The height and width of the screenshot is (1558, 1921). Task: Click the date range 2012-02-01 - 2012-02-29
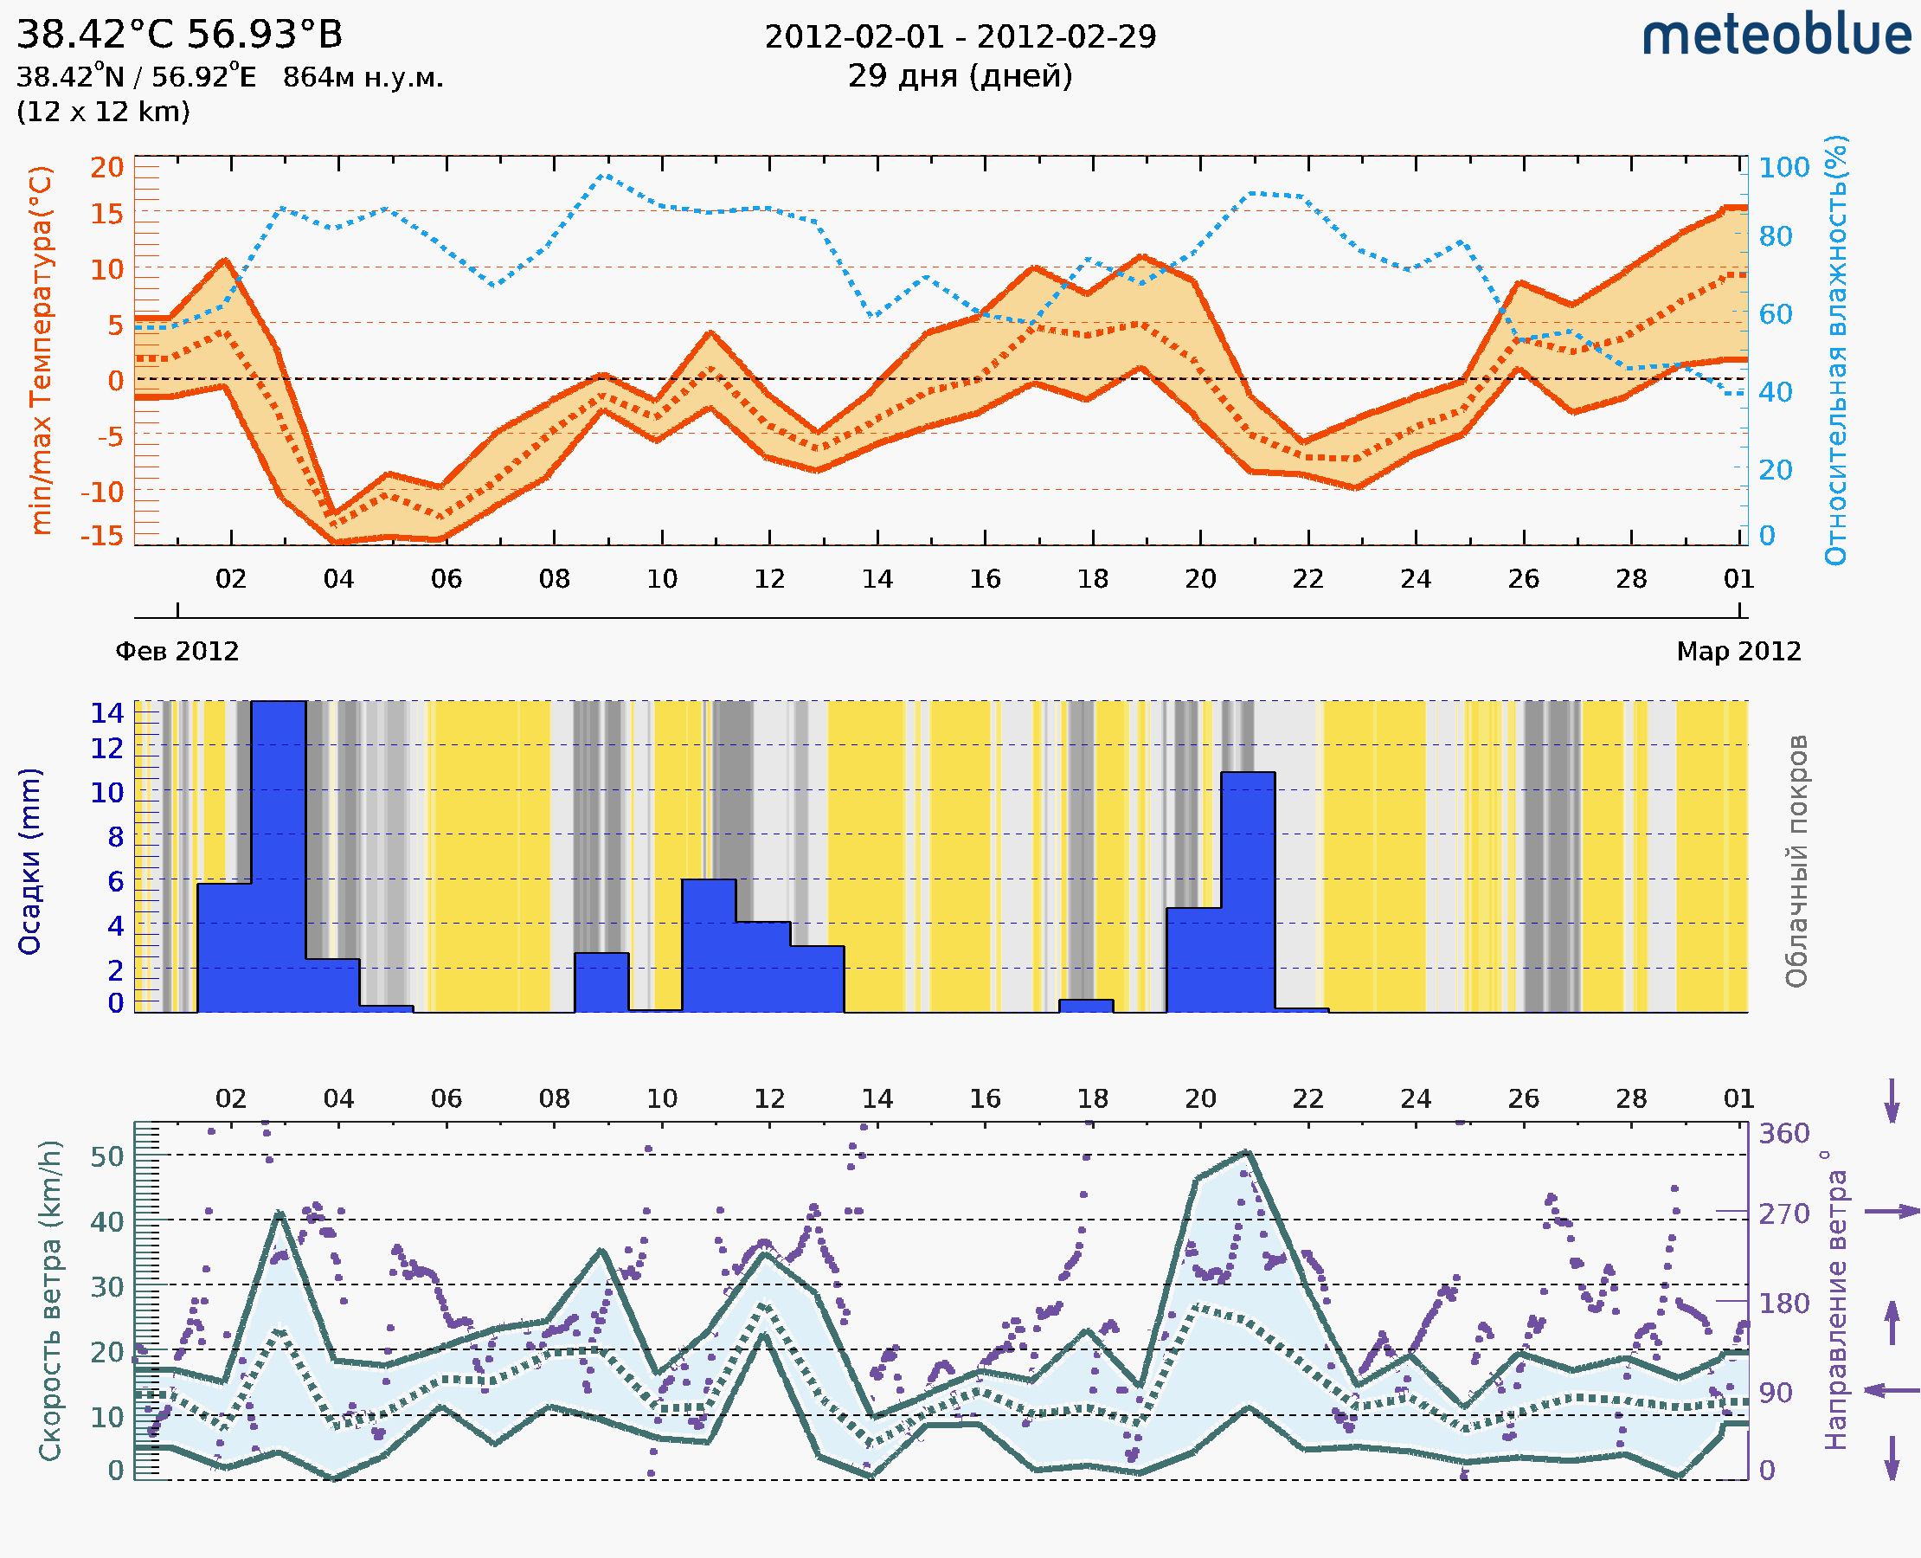click(x=960, y=37)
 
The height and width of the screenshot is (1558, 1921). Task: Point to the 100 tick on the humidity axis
click(x=1783, y=168)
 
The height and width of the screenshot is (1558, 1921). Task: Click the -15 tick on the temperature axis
click(x=101, y=536)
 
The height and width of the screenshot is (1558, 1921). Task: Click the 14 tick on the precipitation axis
click(x=106, y=713)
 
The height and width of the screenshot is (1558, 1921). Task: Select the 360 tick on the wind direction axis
click(x=1783, y=1134)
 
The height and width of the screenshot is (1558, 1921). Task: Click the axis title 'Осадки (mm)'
click(x=29, y=861)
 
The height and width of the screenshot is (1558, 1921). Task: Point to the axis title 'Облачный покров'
click(x=1796, y=861)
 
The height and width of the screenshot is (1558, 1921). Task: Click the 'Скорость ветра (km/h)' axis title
click(x=50, y=1300)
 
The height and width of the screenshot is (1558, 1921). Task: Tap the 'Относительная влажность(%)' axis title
click(x=1835, y=350)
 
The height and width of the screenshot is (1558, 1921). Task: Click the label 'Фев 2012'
click(x=177, y=652)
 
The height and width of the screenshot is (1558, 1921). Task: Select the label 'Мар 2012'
click(x=1738, y=652)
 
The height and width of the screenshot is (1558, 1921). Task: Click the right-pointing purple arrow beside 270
click(x=1892, y=1212)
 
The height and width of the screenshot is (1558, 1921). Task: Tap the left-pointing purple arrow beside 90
click(x=1892, y=1390)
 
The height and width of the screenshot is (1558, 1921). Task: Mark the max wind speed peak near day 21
click(x=1246, y=1152)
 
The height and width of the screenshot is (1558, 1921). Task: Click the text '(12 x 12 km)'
click(x=103, y=113)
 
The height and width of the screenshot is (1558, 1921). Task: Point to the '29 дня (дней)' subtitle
click(x=960, y=76)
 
